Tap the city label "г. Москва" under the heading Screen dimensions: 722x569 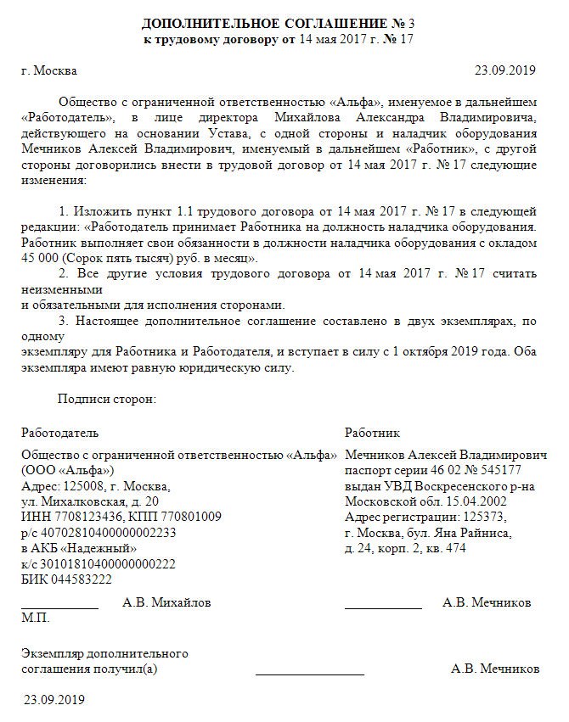(x=49, y=70)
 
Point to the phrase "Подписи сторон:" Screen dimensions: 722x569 (x=107, y=398)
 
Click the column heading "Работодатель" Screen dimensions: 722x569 (x=60, y=433)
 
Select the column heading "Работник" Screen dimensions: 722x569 (x=373, y=433)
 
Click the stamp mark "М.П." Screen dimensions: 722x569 (x=36, y=618)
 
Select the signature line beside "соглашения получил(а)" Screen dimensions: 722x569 (x=309, y=674)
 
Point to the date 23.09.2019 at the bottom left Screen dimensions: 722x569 (x=55, y=701)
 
